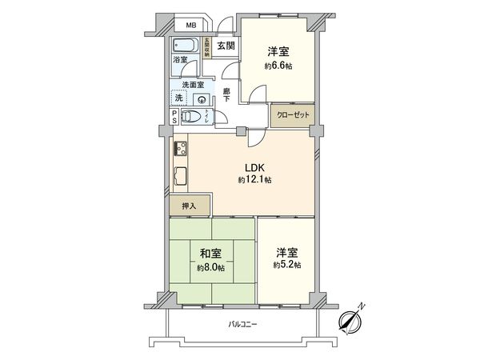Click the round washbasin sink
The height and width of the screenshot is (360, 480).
click(202, 99)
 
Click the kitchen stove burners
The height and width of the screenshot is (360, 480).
click(179, 148)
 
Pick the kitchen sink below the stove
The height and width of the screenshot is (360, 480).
click(179, 176)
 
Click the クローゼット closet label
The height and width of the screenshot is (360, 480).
click(292, 115)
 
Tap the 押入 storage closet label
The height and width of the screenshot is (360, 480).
click(188, 205)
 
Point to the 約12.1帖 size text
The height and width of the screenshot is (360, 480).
click(255, 181)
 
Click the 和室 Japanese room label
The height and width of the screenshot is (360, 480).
click(210, 254)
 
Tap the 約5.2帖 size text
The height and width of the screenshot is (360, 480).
click(286, 264)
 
